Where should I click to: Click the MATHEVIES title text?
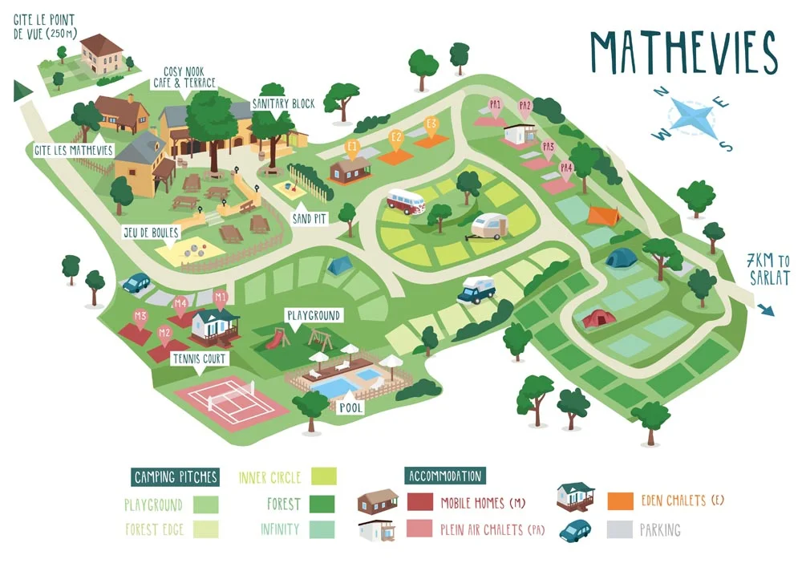pos(683,54)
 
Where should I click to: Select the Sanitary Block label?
pos(283,104)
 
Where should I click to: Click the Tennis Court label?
pos(199,358)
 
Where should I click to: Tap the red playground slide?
pos(274,339)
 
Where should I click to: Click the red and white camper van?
pos(406,201)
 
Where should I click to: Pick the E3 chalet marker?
pos(432,124)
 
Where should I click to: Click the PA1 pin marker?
pos(496,104)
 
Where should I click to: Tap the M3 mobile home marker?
pos(140,316)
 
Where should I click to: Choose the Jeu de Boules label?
pos(151,233)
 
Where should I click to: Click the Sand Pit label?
pos(307,217)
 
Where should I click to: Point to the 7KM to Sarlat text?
pos(768,269)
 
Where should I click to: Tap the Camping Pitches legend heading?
pos(175,477)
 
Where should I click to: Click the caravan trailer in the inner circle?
pos(489,227)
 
